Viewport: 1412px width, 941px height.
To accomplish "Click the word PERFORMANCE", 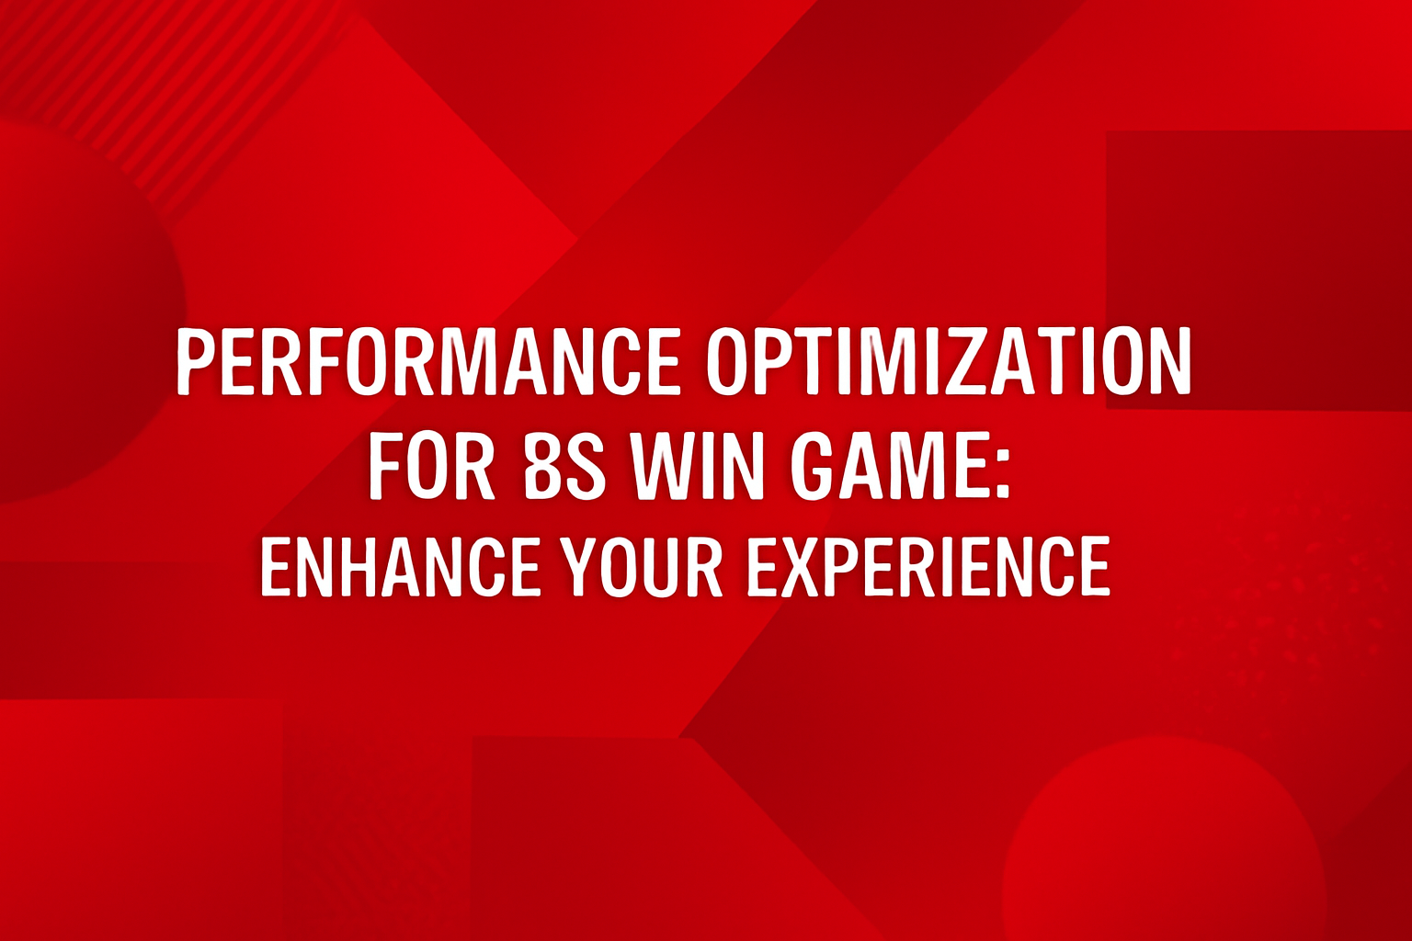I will (428, 360).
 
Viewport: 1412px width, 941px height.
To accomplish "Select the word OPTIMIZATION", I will (949, 360).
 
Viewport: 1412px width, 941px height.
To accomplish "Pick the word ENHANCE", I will (400, 567).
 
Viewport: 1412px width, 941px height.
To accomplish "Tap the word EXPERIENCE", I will (928, 567).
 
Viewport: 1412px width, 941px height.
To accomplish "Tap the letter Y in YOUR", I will (581, 567).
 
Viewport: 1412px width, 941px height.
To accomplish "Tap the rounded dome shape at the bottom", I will (1163, 845).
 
